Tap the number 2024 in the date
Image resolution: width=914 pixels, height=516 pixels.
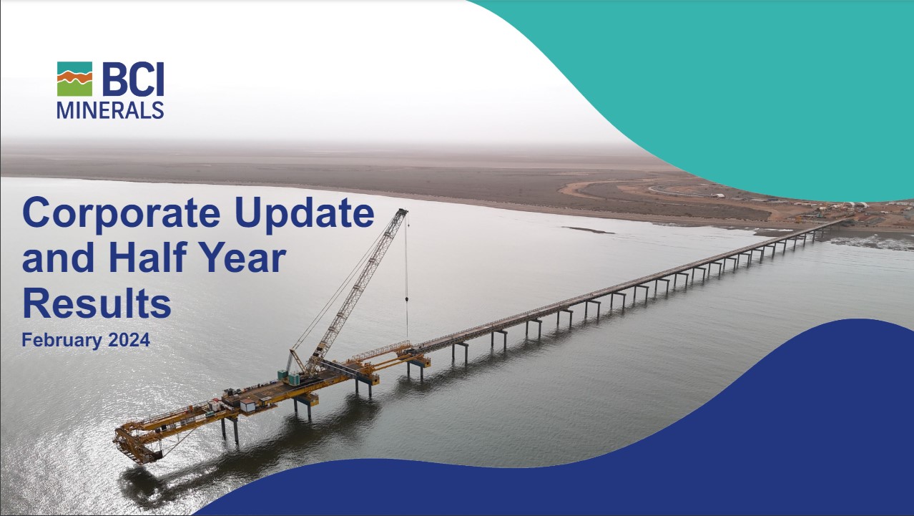pos(129,341)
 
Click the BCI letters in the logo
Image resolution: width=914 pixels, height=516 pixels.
pos(133,79)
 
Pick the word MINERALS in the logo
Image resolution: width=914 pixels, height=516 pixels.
pos(110,109)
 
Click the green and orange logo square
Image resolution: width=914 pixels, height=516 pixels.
pos(74,79)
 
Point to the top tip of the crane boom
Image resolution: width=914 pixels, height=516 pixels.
pos(403,212)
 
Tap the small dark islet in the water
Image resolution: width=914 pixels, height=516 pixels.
pos(586,230)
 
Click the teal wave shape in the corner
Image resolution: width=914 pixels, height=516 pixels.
pos(751,86)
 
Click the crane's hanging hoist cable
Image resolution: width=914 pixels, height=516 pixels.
pos(407,279)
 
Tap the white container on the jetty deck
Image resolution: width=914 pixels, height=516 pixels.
pos(247,405)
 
